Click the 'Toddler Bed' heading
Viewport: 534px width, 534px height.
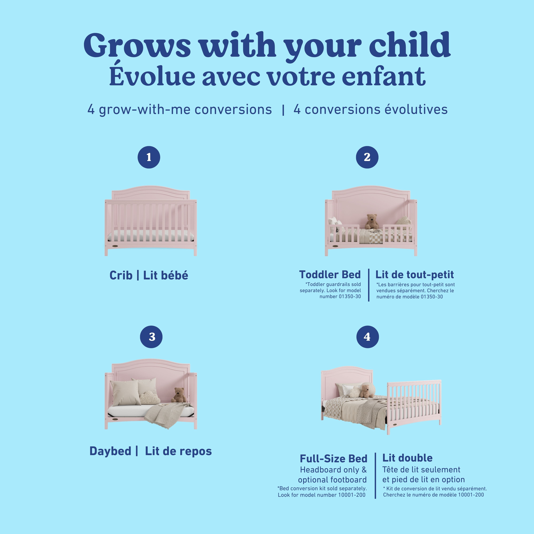[330, 274]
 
